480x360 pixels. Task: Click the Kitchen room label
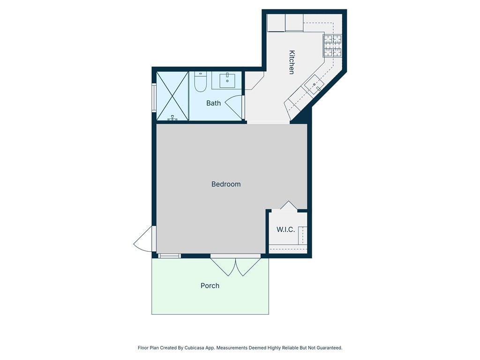click(291, 62)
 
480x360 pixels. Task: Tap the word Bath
click(213, 103)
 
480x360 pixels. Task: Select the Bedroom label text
click(226, 184)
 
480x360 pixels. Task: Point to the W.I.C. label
click(285, 229)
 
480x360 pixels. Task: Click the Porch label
click(210, 285)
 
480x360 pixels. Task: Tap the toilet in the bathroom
click(200, 82)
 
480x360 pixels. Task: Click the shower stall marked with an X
click(172, 96)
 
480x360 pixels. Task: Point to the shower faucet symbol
click(172, 118)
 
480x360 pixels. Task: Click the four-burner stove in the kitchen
click(332, 45)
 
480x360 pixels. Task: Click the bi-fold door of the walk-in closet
click(288, 205)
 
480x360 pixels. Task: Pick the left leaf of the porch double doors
click(223, 266)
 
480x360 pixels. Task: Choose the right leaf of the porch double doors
click(247, 266)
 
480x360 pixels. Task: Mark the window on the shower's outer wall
click(154, 97)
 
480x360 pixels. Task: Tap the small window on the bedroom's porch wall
click(169, 256)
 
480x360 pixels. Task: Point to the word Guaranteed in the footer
click(327, 348)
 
